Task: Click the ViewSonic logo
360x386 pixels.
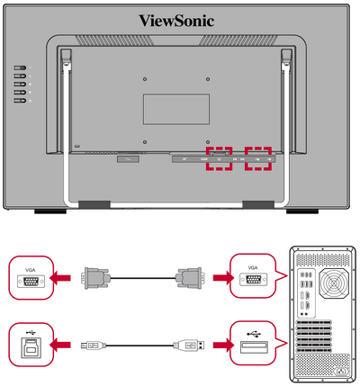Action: pyautogui.click(x=176, y=21)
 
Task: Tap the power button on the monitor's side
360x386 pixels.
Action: pyautogui.click(x=20, y=101)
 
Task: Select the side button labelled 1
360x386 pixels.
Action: pyautogui.click(x=20, y=68)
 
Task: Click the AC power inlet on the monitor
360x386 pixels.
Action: pyautogui.click(x=128, y=159)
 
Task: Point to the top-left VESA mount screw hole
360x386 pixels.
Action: pyautogui.click(x=145, y=79)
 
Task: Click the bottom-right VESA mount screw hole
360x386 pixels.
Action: pyautogui.click(x=208, y=142)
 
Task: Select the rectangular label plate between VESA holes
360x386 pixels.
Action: pyautogui.click(x=176, y=109)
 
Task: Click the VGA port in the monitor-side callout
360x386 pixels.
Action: pyautogui.click(x=31, y=282)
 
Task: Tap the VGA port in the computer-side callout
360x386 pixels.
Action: pyautogui.click(x=253, y=279)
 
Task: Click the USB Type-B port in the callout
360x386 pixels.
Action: pyautogui.click(x=31, y=347)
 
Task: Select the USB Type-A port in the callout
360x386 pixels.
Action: pyautogui.click(x=254, y=347)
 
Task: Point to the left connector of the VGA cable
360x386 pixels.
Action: pyautogui.click(x=94, y=278)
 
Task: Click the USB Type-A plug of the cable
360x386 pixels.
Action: pyautogui.click(x=189, y=346)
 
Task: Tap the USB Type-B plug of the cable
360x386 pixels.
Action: pyautogui.click(x=94, y=346)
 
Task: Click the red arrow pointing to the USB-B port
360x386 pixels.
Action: pyautogui.click(x=60, y=345)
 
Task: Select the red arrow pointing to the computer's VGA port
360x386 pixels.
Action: pyautogui.click(x=223, y=278)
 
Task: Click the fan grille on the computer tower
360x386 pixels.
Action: pyautogui.click(x=334, y=283)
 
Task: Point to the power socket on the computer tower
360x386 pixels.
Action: pyautogui.click(x=340, y=372)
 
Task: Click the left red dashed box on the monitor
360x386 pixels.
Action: pyautogui.click(x=219, y=159)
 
